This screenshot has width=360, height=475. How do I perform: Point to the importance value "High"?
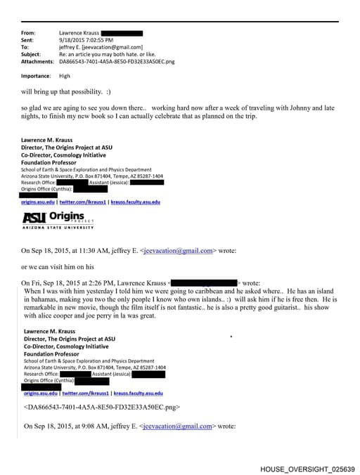pos(65,76)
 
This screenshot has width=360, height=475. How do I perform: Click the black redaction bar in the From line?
pos(122,33)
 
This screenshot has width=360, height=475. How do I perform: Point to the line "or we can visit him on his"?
pos(58,266)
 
